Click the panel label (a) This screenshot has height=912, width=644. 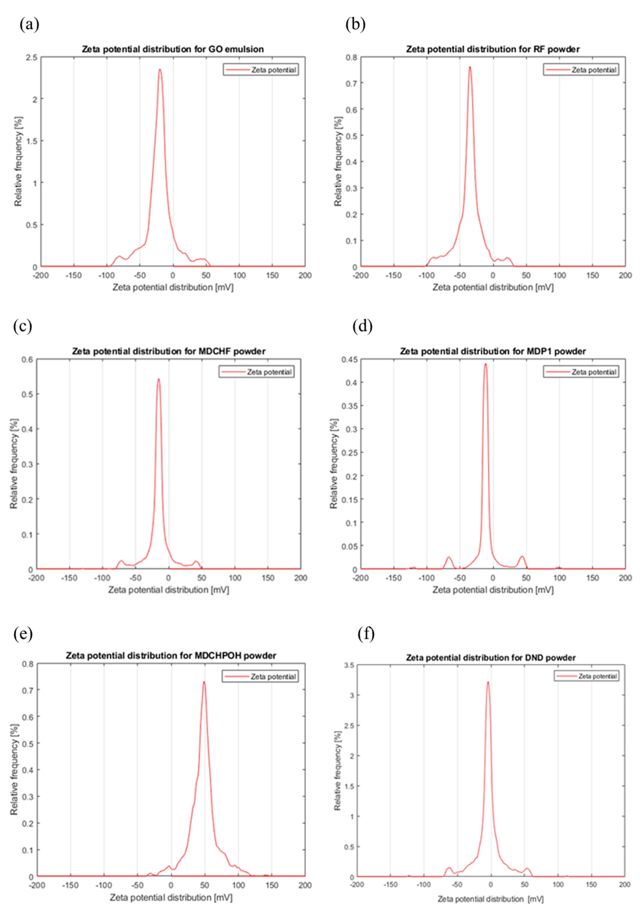pyautogui.click(x=29, y=25)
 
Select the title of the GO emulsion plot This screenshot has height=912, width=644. pyautogui.click(x=173, y=49)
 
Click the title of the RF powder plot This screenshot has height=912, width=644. pyautogui.click(x=493, y=49)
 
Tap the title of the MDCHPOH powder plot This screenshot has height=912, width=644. pyautogui.click(x=171, y=655)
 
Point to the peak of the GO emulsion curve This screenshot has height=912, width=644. pyautogui.click(x=160, y=70)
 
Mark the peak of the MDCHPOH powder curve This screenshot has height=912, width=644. pyautogui.click(x=204, y=682)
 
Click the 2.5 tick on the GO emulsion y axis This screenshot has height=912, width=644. pyautogui.click(x=32, y=58)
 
